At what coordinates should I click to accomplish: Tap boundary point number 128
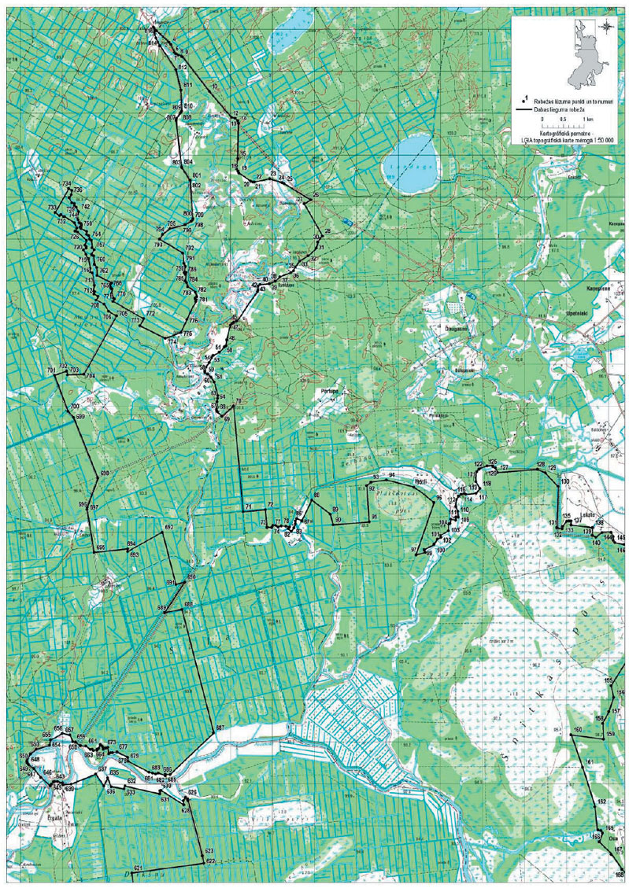[540, 466]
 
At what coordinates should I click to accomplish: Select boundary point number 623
[209, 851]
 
